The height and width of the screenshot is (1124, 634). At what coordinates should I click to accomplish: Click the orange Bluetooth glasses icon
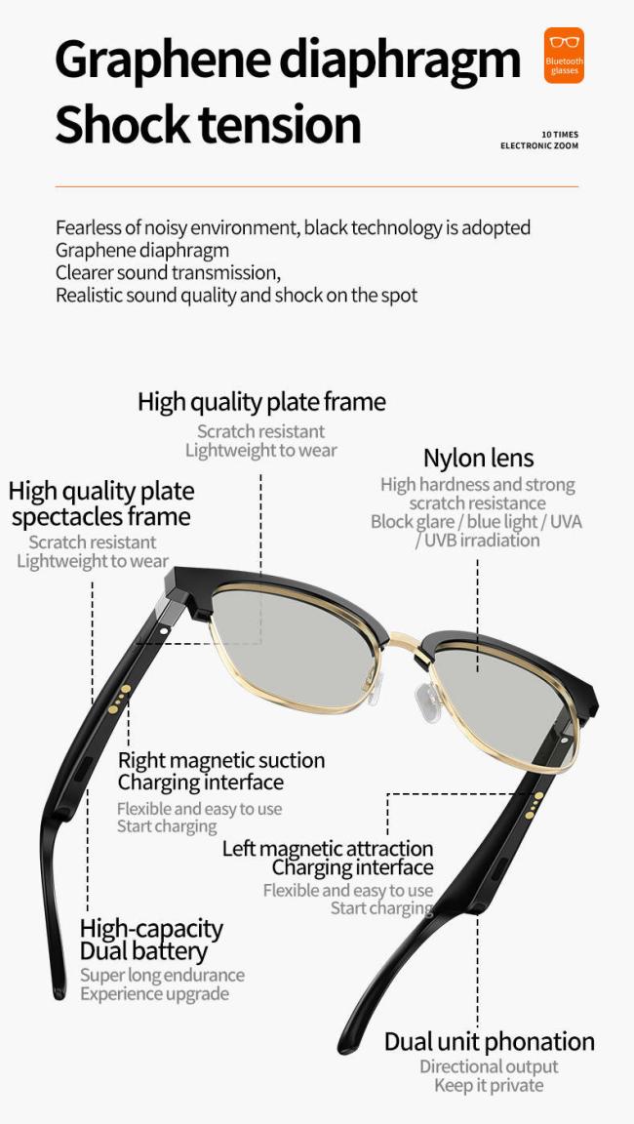coord(564,56)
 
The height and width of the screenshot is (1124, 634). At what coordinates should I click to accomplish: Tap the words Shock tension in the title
coord(208,124)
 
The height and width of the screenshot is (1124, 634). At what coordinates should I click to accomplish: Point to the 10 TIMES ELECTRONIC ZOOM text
coord(539,140)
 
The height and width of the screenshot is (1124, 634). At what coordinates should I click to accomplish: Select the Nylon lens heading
coord(479,458)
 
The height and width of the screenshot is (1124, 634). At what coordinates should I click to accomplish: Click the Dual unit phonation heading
coord(490,1042)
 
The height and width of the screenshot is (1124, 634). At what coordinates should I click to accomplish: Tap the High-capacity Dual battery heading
coord(151,940)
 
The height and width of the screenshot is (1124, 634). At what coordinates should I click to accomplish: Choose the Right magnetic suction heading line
coord(221,760)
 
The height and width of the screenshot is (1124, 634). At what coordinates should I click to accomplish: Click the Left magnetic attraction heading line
coord(328,849)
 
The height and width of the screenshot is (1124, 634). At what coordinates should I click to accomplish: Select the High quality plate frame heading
coord(261,401)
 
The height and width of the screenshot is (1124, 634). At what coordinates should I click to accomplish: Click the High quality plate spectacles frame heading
coord(101,503)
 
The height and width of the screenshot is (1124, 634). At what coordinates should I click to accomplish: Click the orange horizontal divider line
coord(317,186)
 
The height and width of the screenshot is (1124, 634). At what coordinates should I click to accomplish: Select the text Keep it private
coord(489,1085)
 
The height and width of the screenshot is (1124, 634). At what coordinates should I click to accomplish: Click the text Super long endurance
coord(162,975)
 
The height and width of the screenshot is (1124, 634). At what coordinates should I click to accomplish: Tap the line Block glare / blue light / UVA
coord(476,522)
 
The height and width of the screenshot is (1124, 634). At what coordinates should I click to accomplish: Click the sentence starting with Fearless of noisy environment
coord(293,228)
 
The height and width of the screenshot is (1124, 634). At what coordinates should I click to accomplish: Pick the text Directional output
coord(489,1066)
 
